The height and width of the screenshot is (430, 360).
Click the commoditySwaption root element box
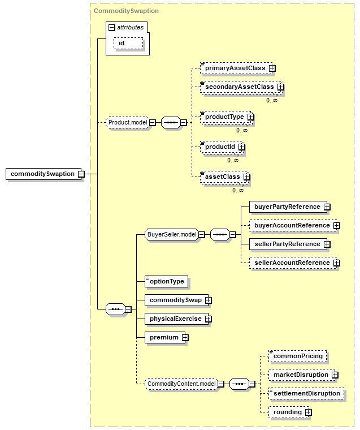tap(44, 174)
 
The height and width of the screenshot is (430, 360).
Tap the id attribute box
tap(128, 44)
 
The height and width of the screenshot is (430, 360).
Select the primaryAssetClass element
tap(236, 68)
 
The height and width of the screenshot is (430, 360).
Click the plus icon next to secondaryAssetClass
tap(280, 87)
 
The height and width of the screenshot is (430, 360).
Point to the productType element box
tap(226, 117)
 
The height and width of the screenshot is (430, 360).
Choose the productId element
tap(222, 147)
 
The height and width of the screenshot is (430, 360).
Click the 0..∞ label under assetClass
tap(238, 190)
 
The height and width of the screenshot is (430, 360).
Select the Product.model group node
tap(128, 122)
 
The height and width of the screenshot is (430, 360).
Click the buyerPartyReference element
tap(288, 207)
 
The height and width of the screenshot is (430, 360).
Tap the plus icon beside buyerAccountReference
tap(337, 225)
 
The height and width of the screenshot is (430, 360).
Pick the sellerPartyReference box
tap(288, 244)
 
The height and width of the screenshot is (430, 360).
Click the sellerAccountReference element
tap(293, 263)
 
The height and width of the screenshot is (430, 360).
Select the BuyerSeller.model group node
tap(172, 234)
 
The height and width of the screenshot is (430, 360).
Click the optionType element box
tap(166, 281)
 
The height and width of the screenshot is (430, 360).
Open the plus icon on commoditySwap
tap(208, 300)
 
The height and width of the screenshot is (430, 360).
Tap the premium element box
tap(165, 338)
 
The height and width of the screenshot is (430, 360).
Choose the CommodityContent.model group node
tap(181, 384)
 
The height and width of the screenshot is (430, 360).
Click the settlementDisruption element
tap(306, 394)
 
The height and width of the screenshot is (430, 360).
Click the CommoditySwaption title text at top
tap(126, 11)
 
